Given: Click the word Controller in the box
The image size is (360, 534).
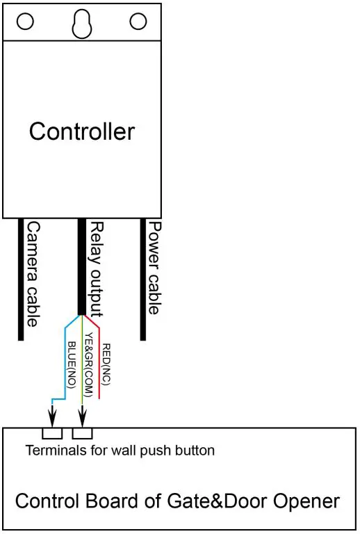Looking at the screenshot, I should pos(82,131).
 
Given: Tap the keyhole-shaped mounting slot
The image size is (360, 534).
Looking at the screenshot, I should pos(82,23).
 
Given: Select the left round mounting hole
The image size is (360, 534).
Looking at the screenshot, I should pos(25,22).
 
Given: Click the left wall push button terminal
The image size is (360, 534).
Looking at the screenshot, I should pos(53,433).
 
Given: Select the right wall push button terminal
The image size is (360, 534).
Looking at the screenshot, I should pos(83,433).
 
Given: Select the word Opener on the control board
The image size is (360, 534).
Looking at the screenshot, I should pos(309,501).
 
